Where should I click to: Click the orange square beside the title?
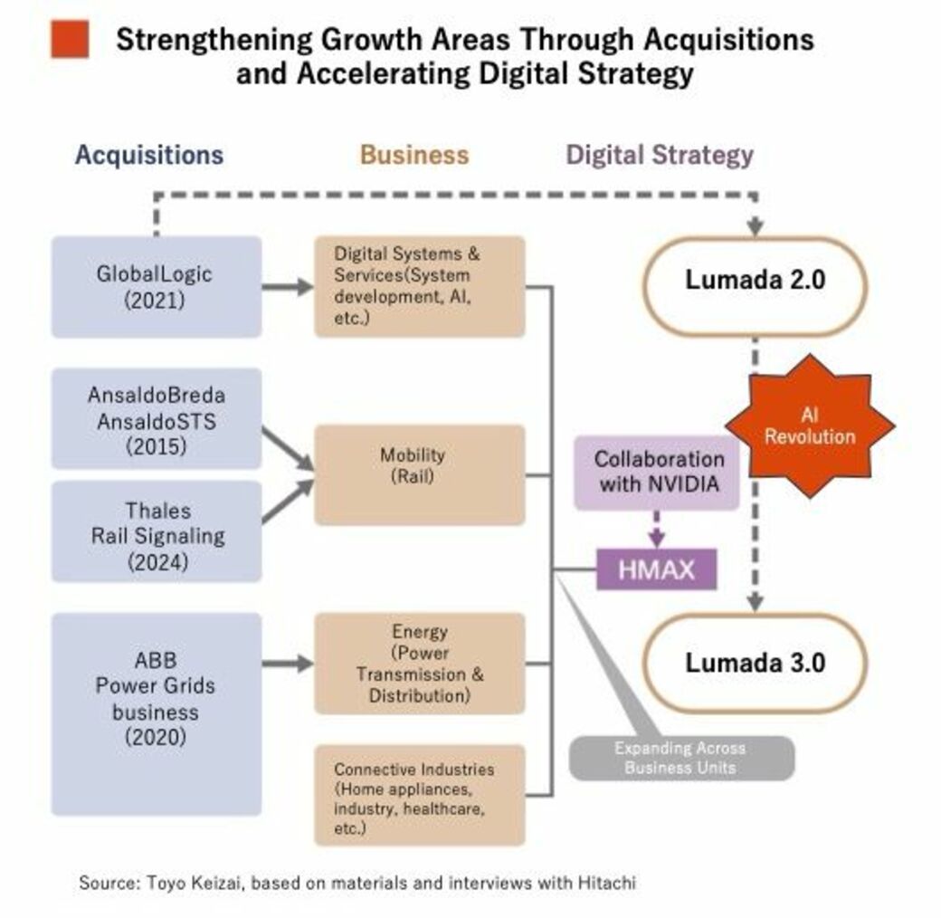(x=70, y=39)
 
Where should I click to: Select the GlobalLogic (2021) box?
(x=156, y=287)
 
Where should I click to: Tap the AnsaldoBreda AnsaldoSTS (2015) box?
(x=156, y=418)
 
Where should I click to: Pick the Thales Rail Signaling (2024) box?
(x=156, y=531)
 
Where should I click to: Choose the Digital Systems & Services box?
(x=419, y=287)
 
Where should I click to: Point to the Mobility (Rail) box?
(x=419, y=474)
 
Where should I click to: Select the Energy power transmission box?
(x=419, y=664)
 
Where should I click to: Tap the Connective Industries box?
(x=419, y=795)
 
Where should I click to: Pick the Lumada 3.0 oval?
(x=755, y=663)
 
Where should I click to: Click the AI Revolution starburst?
(x=810, y=426)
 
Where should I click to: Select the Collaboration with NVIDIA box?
(x=659, y=471)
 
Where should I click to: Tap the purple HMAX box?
(x=656, y=569)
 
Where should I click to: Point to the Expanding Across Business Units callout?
(x=680, y=758)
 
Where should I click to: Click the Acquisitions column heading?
(x=148, y=155)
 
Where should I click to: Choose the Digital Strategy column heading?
(x=660, y=155)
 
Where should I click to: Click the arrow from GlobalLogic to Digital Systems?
(x=288, y=287)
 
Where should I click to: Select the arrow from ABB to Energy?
(x=288, y=664)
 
